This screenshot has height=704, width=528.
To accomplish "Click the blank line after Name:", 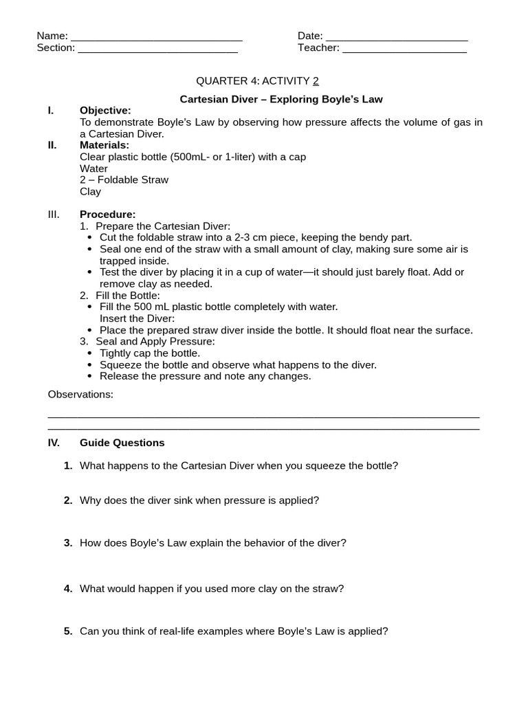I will pos(157,38).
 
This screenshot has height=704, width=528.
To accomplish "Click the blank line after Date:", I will pos(397,38).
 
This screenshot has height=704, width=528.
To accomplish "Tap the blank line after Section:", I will pos(158,50).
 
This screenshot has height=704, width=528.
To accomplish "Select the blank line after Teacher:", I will pos(404,50).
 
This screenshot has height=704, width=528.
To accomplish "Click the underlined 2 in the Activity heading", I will pos(316,81).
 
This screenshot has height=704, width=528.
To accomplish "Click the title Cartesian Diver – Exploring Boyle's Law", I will pos(281,99).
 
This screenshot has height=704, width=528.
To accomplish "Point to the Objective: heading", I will pos(105,111).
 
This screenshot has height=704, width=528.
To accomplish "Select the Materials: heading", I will pos(104,145).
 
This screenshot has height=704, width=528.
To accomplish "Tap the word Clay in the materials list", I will pos(90,192).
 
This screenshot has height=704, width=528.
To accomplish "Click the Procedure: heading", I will pos(108,214).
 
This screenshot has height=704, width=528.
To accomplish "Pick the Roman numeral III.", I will pos(54,214).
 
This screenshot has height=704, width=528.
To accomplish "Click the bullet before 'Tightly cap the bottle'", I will pos(91,353).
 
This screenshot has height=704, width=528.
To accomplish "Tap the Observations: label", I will pos(80,395).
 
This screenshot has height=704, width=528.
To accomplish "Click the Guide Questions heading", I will pos(122,443).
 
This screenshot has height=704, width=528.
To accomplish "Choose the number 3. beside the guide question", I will pos(68,543).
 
